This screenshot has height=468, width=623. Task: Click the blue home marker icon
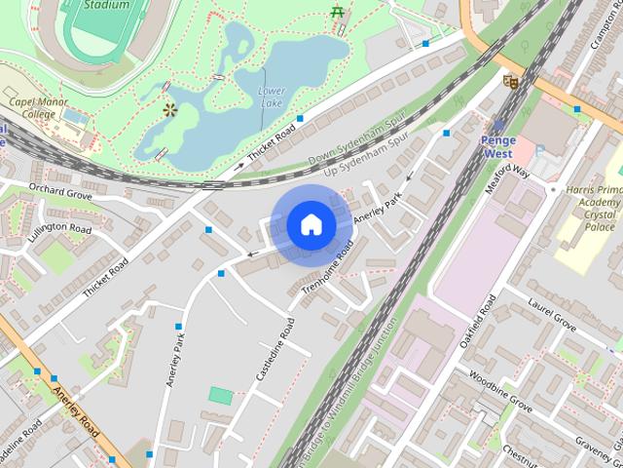311,224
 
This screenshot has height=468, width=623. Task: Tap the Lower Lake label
272,97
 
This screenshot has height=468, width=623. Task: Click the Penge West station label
498,146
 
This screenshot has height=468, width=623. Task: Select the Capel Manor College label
32,107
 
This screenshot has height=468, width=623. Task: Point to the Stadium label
106,4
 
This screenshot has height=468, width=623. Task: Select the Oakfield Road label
482,323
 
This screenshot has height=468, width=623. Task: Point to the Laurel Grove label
552,319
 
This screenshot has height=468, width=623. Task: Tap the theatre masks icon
508,83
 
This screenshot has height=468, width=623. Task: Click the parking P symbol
540,149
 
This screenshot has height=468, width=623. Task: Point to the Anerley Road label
77,410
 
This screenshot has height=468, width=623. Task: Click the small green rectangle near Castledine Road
222,396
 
